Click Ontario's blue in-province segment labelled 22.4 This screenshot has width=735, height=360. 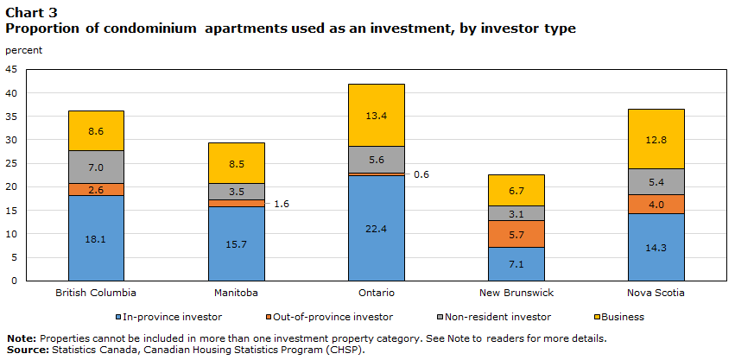pos(376,227)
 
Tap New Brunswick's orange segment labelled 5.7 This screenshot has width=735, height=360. pos(516,234)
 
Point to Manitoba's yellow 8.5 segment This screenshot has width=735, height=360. pos(236,162)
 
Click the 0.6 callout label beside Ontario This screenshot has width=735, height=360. pos(421,174)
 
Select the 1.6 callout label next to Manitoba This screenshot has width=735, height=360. pos(282,204)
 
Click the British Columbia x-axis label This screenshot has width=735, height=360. pos(95,293)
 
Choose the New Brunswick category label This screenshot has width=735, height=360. pos(516,293)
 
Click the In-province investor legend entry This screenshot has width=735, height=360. pos(174,317)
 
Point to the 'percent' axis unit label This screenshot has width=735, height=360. pos(23,49)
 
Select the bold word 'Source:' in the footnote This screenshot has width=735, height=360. pos(26,349)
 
